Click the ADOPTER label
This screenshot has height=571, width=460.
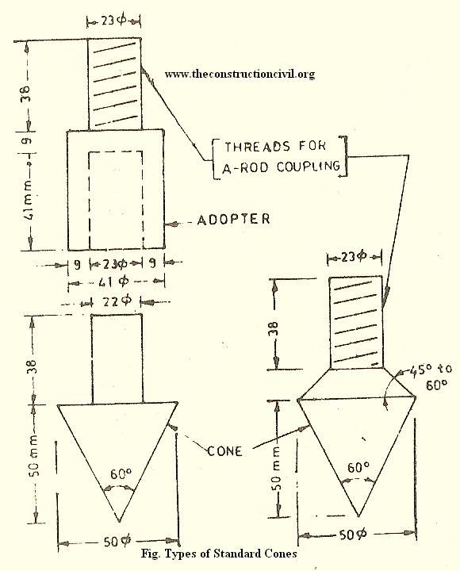(x=233, y=219)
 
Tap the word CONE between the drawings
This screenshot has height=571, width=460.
(x=224, y=451)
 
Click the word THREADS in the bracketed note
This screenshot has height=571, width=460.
(x=258, y=147)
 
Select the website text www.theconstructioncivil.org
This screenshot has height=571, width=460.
(x=240, y=74)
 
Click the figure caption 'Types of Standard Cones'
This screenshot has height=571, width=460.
(x=231, y=554)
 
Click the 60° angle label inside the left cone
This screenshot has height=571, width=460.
(x=121, y=473)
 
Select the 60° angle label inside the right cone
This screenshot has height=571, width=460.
(x=358, y=467)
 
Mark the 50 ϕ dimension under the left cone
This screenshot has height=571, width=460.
(x=116, y=542)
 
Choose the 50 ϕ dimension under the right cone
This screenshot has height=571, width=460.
(x=353, y=535)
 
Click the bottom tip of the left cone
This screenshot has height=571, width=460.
(x=119, y=522)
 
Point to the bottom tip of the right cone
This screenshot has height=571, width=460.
(x=358, y=515)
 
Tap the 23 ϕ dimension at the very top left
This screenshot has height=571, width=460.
(x=113, y=21)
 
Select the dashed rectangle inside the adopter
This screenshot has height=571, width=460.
(x=90, y=201)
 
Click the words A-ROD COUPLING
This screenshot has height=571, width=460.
(x=282, y=167)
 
